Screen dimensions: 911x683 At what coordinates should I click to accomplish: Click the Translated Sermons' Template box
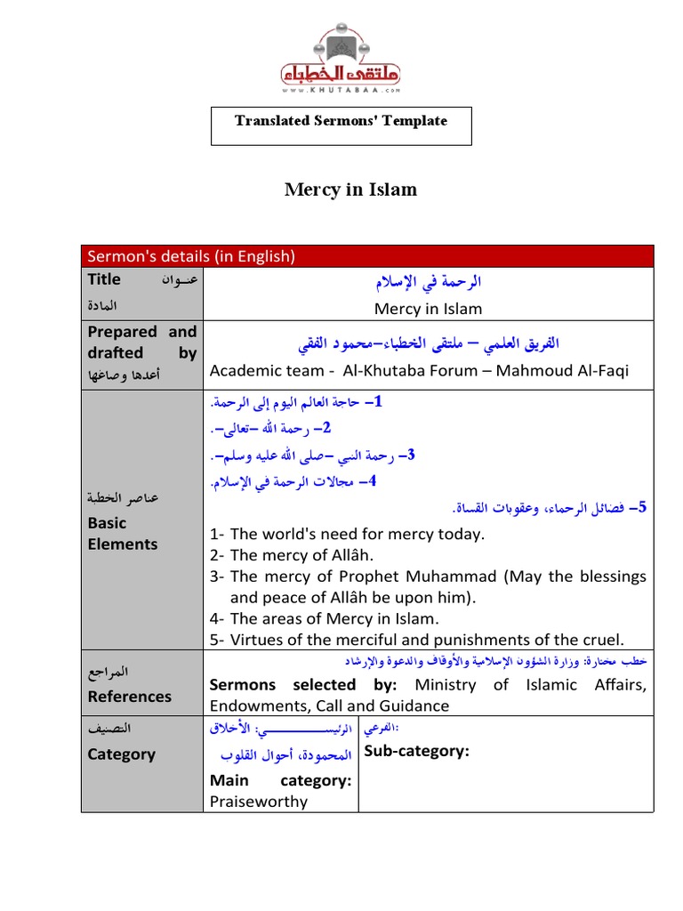341,121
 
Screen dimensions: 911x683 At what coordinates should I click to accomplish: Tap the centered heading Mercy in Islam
350,189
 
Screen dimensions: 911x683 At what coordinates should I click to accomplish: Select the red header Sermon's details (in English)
190,256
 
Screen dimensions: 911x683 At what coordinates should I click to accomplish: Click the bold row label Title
104,279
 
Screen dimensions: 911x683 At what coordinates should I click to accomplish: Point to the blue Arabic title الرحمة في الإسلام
428,283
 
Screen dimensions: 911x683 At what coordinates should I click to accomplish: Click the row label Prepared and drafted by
141,342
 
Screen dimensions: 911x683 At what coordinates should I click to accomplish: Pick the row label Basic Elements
122,534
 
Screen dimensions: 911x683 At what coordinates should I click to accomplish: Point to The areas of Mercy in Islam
334,618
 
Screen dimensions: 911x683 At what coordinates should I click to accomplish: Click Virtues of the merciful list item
427,640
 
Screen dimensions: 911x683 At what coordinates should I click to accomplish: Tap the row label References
129,697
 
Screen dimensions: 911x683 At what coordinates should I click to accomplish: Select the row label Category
121,754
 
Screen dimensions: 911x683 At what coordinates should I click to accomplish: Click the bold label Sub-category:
415,752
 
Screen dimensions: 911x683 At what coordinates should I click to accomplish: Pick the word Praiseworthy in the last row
259,802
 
